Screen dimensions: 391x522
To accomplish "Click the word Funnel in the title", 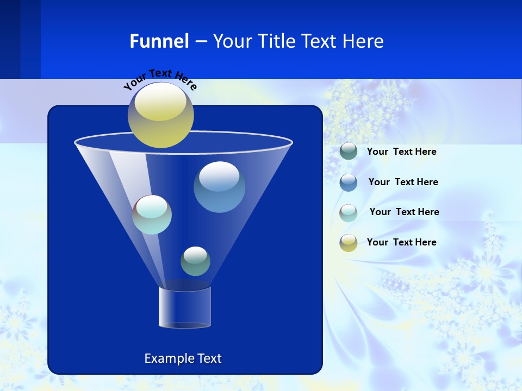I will tap(159, 41).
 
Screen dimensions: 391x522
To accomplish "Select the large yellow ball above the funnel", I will tap(160, 115).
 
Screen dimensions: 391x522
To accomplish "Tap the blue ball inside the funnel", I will tap(219, 187).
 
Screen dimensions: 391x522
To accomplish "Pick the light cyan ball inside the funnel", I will tap(152, 215).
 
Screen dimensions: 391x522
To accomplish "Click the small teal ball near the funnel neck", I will tap(195, 261).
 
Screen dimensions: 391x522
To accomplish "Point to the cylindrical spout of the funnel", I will tap(185, 307).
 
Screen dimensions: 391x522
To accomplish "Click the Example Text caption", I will tap(183, 358).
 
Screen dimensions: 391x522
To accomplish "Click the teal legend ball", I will tap(349, 152).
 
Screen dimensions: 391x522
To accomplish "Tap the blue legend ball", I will tap(349, 182).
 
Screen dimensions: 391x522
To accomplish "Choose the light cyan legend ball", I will tap(349, 213).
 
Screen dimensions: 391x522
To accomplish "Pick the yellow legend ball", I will tap(349, 243).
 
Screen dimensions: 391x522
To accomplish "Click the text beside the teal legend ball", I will tap(401, 152).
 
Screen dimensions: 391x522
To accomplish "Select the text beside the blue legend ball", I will tap(403, 182).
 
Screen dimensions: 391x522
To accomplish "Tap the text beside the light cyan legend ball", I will tap(404, 212).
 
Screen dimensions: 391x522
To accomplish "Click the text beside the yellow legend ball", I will tap(401, 242).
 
